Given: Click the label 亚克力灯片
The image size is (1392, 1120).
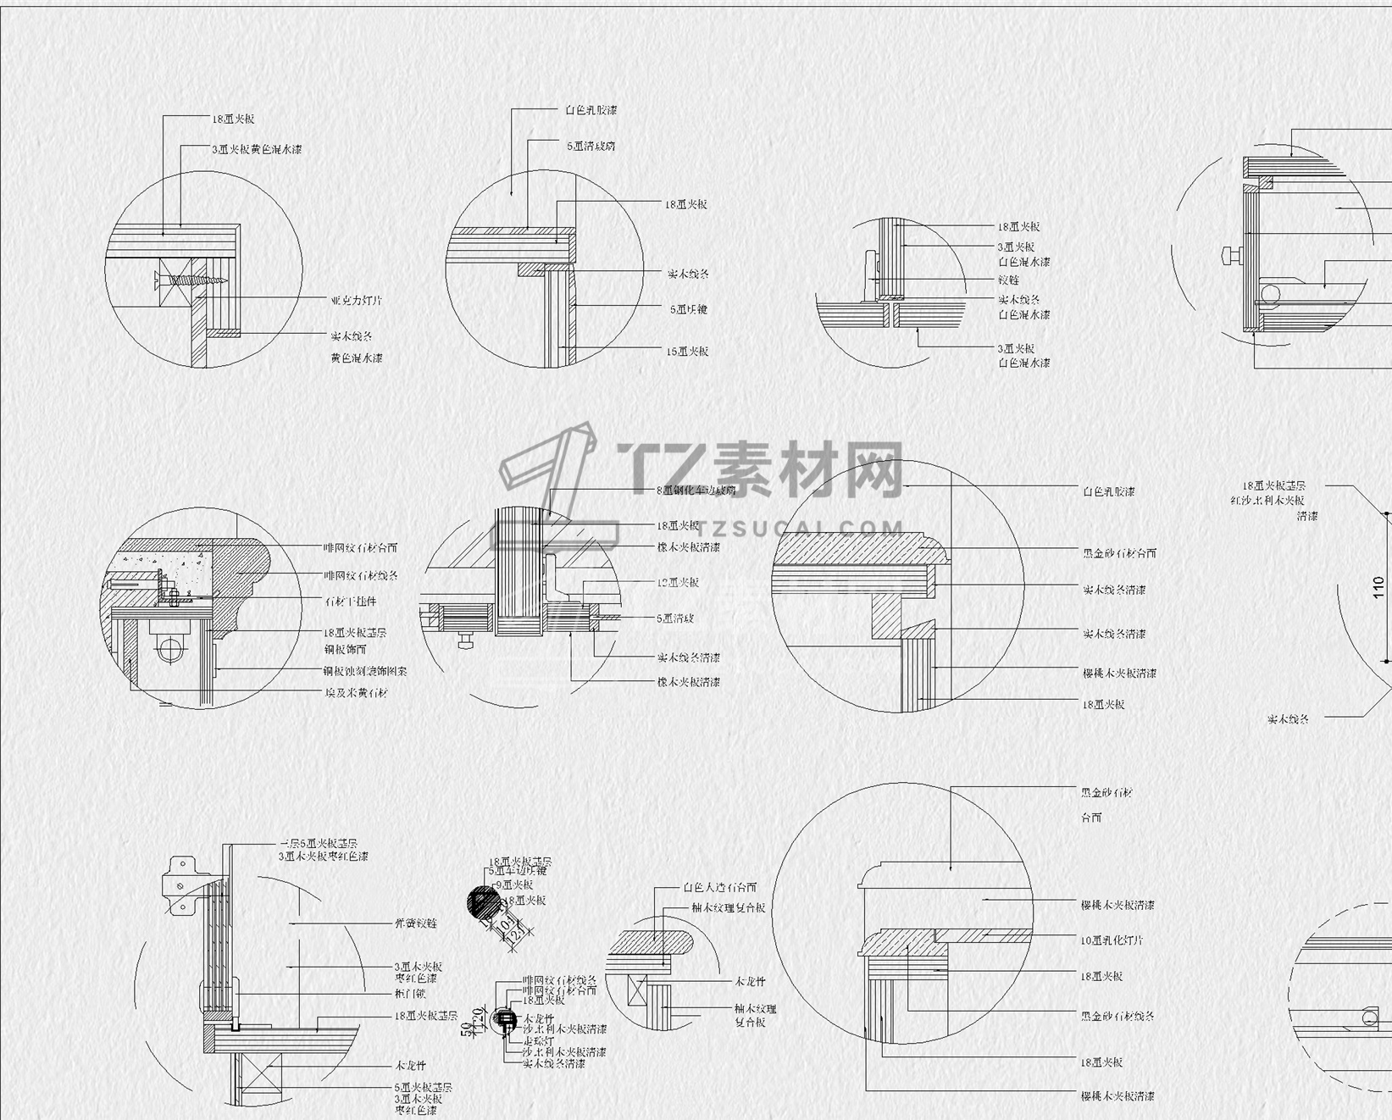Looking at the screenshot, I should point(356,301).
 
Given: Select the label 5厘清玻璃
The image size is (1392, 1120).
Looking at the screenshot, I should point(591,146).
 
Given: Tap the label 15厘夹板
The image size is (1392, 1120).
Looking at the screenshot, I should point(687,351).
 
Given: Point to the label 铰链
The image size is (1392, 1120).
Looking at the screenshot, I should point(1008,280).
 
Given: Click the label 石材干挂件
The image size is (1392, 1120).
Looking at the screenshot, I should point(350,602).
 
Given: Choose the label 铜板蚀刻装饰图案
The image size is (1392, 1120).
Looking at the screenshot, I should point(365,671).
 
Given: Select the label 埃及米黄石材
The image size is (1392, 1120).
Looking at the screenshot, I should point(356,693).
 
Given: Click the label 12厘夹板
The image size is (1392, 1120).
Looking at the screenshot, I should point(678,583).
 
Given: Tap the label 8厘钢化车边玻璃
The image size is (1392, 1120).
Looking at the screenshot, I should point(696,490).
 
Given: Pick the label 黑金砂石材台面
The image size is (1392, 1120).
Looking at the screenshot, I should point(1119,553).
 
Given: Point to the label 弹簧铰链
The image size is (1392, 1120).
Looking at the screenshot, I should point(415,923).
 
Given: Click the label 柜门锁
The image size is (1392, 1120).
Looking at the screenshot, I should point(410,994).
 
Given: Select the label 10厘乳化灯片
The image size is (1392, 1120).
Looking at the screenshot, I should point(1112,940).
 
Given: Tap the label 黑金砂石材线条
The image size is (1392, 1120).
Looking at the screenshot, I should point(1117,1016).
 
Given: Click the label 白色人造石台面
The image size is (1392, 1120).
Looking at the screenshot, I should point(719,888).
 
